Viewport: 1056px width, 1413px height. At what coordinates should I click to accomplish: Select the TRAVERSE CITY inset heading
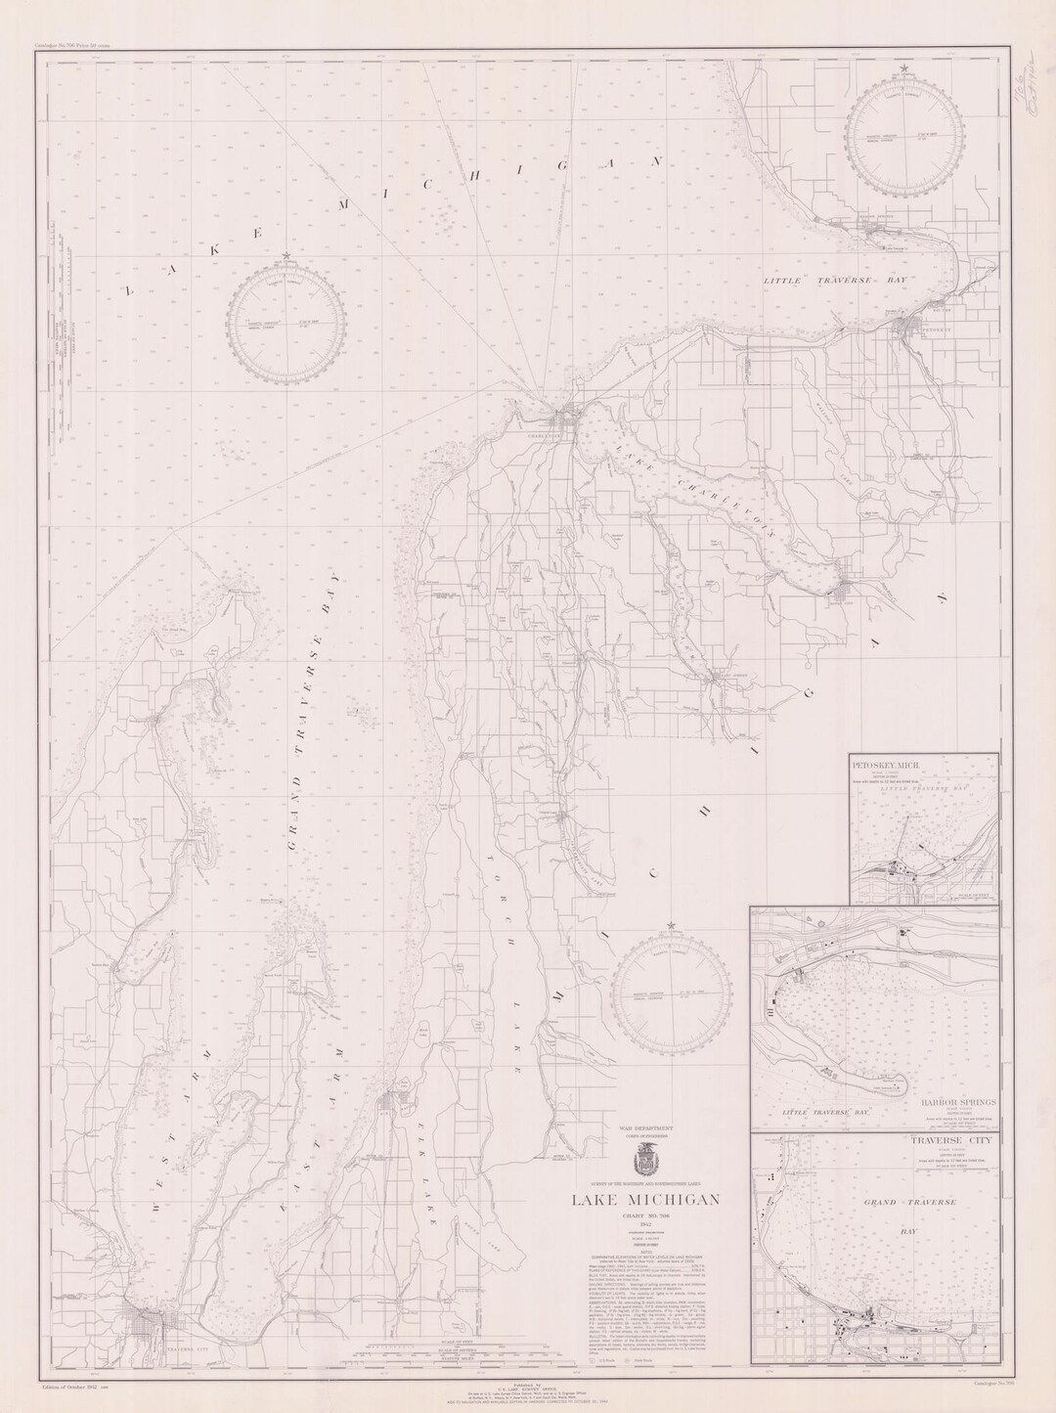pos(955,1143)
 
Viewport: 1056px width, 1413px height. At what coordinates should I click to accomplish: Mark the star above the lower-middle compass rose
pos(671,924)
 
